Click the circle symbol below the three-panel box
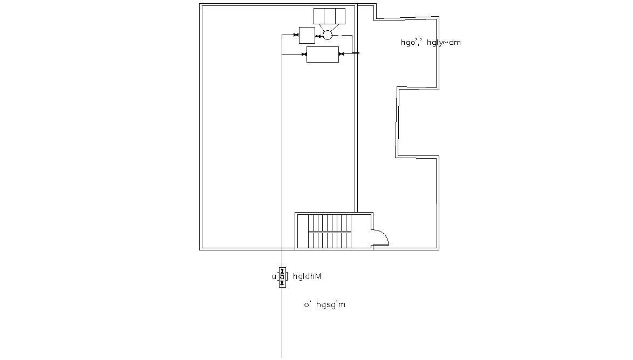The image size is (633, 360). point(327,35)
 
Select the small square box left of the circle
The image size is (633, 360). point(307,35)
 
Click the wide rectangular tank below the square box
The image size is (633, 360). point(322,54)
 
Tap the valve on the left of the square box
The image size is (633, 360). point(296,35)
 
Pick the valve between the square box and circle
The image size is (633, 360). point(318,36)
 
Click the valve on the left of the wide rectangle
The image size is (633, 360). point(304,54)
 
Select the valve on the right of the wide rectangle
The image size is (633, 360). point(341,54)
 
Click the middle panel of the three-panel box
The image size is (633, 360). point(329,16)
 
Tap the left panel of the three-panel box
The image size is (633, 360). point(319,16)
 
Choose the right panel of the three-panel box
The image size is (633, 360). point(339,16)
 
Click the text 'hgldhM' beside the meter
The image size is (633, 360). point(307,277)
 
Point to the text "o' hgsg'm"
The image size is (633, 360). point(324,305)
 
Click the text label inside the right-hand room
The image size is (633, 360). point(431,43)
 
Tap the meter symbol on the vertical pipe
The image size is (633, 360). point(282,277)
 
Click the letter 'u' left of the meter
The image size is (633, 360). point(274,277)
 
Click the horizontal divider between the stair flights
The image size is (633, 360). point(329,232)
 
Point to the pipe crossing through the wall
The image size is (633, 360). point(356,53)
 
